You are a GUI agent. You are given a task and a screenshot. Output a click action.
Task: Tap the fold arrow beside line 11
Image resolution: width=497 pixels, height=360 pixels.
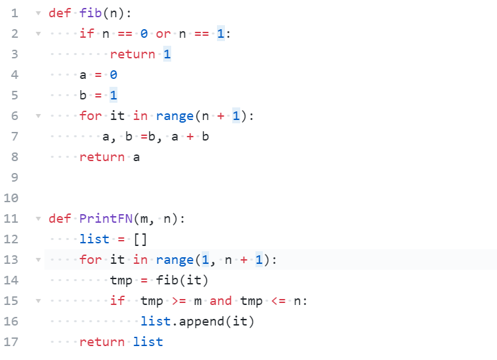click(x=37, y=219)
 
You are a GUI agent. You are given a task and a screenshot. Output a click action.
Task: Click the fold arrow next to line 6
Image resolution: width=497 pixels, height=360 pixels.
click(x=37, y=116)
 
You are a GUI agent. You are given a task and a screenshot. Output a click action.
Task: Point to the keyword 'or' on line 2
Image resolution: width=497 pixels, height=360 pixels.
click(x=163, y=34)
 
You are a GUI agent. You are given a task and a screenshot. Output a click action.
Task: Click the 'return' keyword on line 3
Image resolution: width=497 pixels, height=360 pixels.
click(x=133, y=54)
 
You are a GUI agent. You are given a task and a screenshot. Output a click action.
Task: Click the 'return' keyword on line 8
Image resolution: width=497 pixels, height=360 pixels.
click(x=102, y=157)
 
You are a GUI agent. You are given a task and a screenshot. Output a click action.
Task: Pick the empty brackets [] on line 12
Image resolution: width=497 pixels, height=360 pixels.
click(x=140, y=239)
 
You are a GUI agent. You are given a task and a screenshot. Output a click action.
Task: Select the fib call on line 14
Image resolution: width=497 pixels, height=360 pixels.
click(x=167, y=280)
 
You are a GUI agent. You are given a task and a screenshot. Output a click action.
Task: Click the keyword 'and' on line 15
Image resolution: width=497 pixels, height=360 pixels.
click(x=221, y=301)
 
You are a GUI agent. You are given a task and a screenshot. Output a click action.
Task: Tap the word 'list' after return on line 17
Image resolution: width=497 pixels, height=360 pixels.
click(x=148, y=342)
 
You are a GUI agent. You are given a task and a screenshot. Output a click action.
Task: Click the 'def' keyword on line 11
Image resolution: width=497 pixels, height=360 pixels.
click(x=60, y=219)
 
